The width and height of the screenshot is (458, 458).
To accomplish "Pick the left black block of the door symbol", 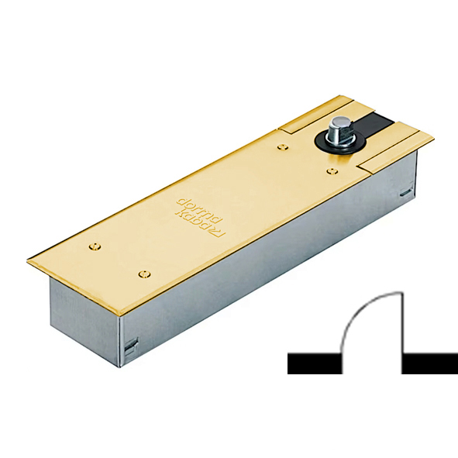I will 315,363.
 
